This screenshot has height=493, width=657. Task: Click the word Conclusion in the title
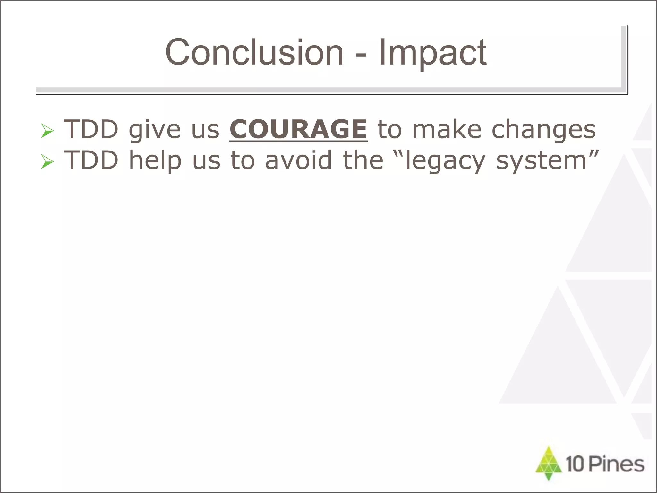pyautogui.click(x=254, y=52)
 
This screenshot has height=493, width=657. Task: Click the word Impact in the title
pyautogui.click(x=432, y=52)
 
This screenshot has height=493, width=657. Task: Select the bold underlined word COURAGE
pyautogui.click(x=298, y=129)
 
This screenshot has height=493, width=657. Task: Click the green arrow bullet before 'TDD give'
pyautogui.click(x=47, y=131)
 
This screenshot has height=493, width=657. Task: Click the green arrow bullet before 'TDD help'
pyautogui.click(x=47, y=162)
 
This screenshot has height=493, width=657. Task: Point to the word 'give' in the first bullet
pyautogui.click(x=155, y=130)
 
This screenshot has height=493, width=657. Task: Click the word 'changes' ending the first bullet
pyautogui.click(x=543, y=130)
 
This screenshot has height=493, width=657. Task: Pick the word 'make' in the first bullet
pyautogui.click(x=447, y=129)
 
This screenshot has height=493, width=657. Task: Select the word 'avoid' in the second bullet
pyautogui.click(x=298, y=160)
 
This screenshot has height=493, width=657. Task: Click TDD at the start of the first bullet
pyautogui.click(x=91, y=129)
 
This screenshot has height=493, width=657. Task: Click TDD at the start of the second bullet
pyautogui.click(x=91, y=160)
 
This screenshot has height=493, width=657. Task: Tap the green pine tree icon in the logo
pyautogui.click(x=549, y=463)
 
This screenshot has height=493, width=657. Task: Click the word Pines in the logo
pyautogui.click(x=617, y=464)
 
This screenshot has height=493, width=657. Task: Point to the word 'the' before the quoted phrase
pyautogui.click(x=363, y=160)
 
